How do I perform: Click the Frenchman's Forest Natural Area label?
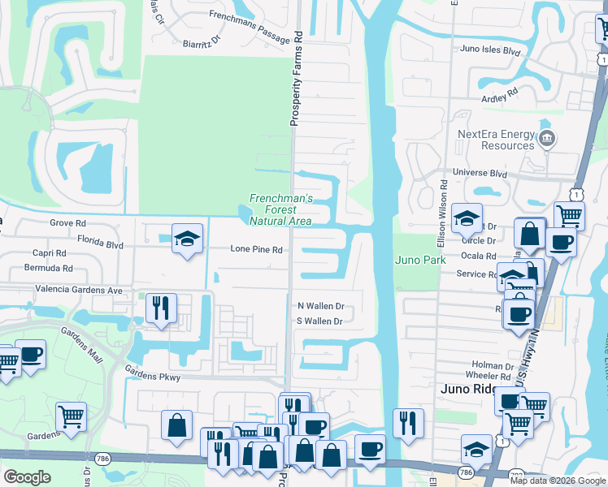(280, 209)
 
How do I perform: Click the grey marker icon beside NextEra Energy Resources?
(547, 140)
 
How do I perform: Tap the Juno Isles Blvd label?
(489, 50)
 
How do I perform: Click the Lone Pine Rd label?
(256, 250)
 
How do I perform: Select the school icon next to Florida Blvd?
(187, 239)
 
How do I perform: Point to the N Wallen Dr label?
(321, 306)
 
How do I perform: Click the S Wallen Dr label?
(320, 321)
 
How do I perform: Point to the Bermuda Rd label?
(49, 267)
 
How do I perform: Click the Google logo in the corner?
(27, 476)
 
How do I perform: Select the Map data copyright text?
(558, 481)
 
